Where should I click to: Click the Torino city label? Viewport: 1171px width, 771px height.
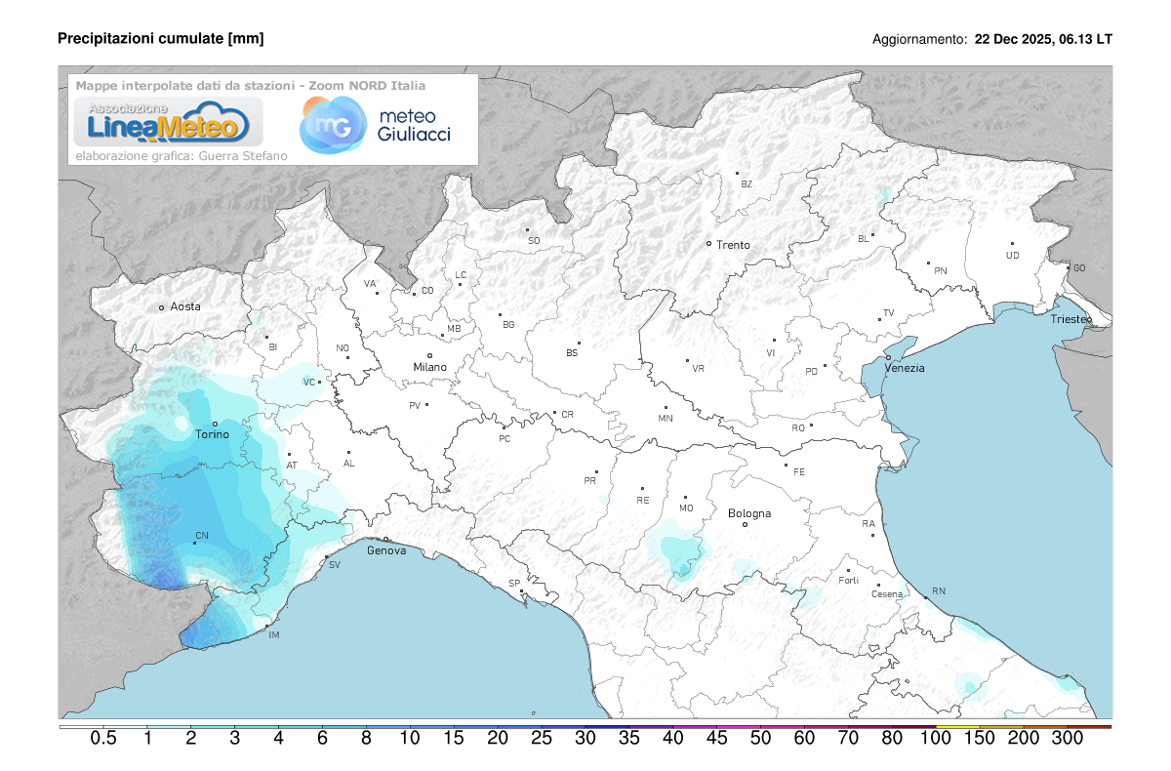[212, 434]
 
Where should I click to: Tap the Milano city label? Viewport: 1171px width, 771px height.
[429, 367]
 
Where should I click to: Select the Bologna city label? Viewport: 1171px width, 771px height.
[749, 513]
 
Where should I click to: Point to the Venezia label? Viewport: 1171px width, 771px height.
[905, 368]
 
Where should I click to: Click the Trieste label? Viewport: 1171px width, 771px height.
[1071, 320]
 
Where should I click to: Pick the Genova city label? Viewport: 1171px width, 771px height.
[386, 551]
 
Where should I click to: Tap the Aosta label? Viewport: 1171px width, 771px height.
[185, 306]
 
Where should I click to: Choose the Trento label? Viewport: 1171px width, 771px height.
[733, 245]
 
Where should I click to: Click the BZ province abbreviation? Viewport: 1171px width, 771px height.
[747, 183]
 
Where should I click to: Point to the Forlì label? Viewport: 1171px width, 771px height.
[848, 581]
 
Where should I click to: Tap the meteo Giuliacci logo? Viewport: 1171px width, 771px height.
[376, 125]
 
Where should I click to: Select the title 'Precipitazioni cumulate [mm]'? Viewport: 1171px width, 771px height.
[161, 38]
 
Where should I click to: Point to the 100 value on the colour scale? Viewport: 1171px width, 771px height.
[936, 739]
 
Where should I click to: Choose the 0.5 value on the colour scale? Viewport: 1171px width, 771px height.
[103, 739]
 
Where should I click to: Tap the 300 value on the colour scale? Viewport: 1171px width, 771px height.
[1068, 739]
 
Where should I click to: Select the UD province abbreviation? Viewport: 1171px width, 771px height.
[1012, 256]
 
